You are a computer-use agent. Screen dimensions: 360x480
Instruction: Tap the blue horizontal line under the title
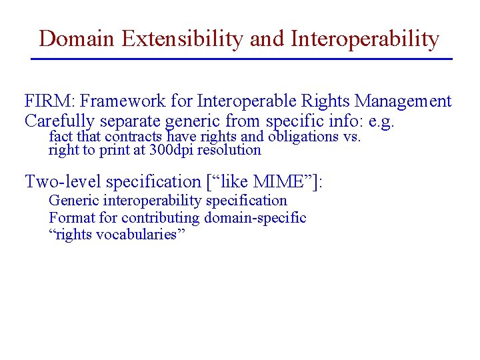coord(241,59)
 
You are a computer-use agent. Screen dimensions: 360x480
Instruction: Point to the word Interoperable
coord(241,102)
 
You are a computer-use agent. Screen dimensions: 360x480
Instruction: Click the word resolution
coord(229,150)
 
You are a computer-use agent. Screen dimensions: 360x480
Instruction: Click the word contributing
coord(160,218)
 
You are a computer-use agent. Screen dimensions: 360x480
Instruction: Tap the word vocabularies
coord(136,235)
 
